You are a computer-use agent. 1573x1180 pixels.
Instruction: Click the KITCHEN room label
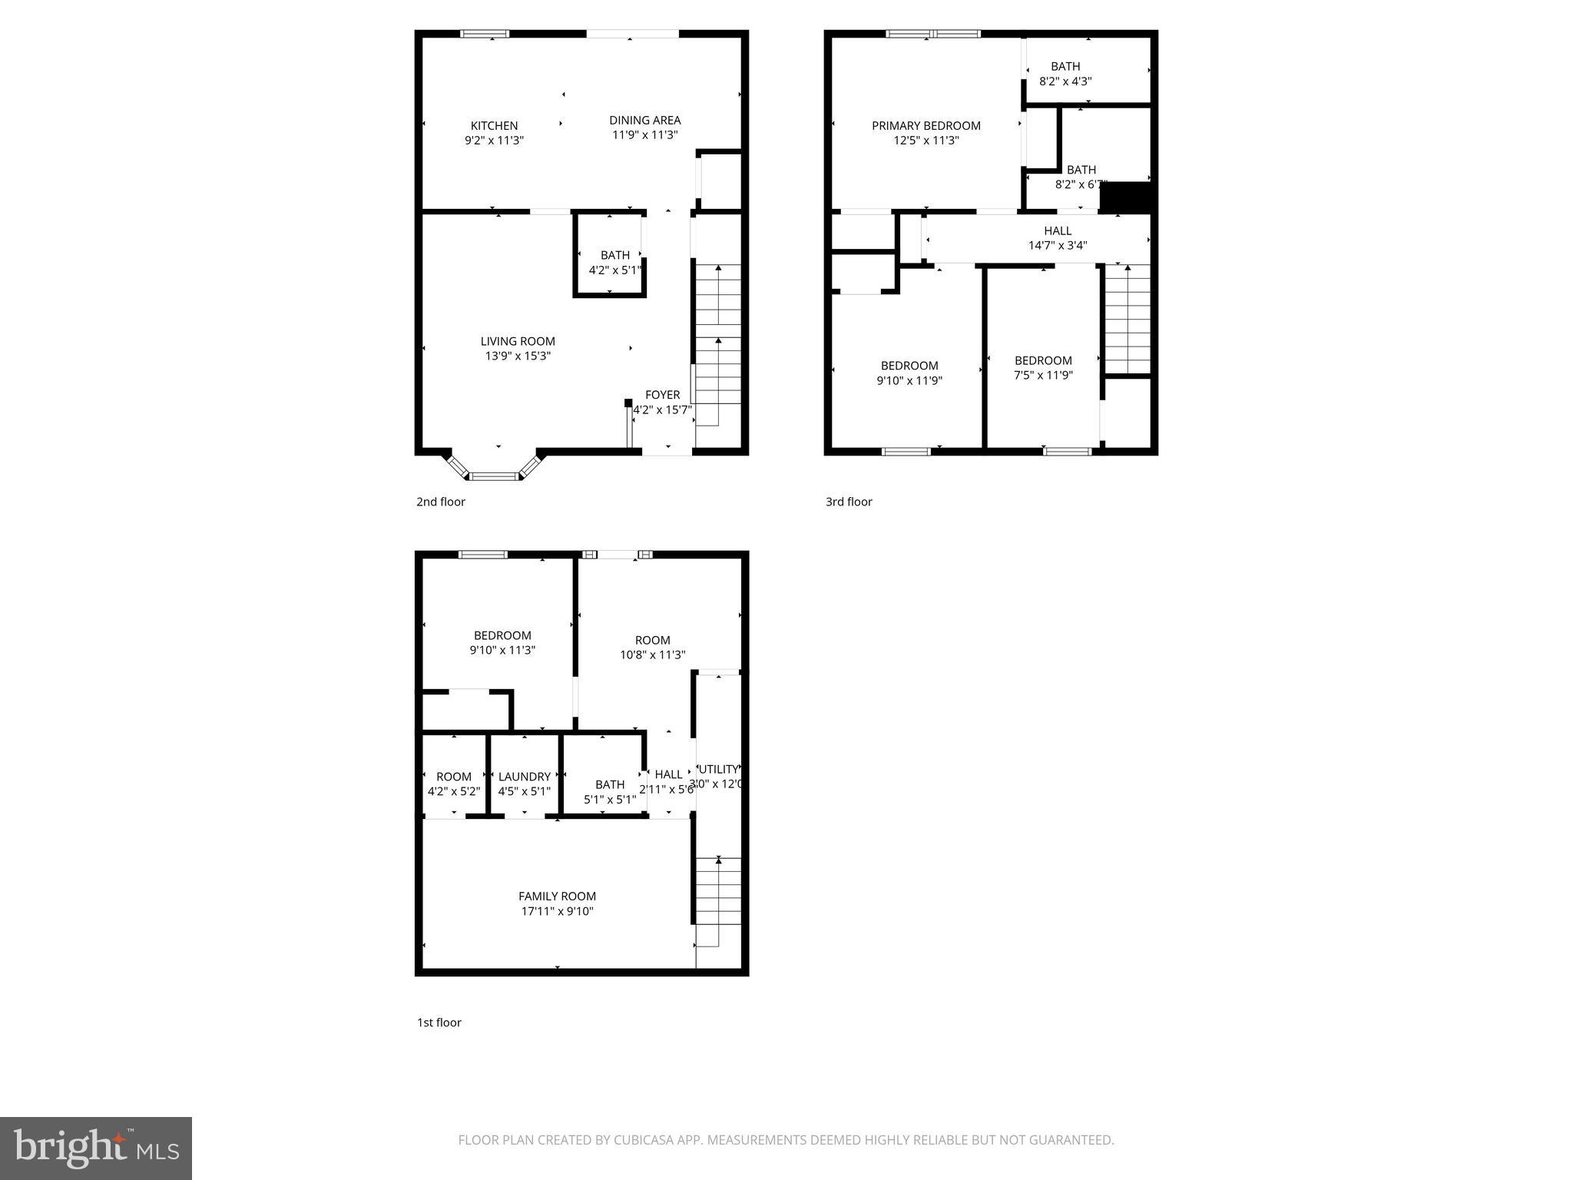tap(494, 126)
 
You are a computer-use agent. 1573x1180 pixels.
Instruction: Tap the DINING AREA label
tap(644, 121)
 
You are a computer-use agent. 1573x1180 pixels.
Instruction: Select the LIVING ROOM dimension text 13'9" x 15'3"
tap(518, 356)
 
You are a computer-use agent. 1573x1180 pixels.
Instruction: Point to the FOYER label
tap(662, 395)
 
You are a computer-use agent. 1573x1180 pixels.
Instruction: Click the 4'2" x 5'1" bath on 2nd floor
tap(614, 262)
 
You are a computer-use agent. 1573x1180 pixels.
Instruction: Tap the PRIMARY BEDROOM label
tap(926, 126)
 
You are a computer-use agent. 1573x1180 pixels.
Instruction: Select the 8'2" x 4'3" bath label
tap(1065, 74)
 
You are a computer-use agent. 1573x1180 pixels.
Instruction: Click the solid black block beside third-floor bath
tap(1126, 197)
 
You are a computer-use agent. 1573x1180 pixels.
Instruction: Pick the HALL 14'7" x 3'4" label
tap(1058, 238)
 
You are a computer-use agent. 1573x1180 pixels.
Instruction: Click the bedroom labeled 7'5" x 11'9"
tap(1043, 367)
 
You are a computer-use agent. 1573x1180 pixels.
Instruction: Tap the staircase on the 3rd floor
tap(1128, 319)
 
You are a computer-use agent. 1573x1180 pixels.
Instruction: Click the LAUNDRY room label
tap(524, 777)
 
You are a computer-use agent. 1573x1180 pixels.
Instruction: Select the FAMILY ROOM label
tap(557, 897)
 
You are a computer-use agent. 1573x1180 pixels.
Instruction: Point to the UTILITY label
tap(719, 769)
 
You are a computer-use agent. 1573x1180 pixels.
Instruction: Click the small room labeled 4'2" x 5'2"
tap(453, 784)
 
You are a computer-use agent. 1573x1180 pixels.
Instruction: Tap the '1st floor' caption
tap(439, 1023)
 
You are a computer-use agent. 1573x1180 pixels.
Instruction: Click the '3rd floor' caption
tap(849, 502)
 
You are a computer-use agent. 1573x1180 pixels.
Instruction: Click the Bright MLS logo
tap(96, 1148)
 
